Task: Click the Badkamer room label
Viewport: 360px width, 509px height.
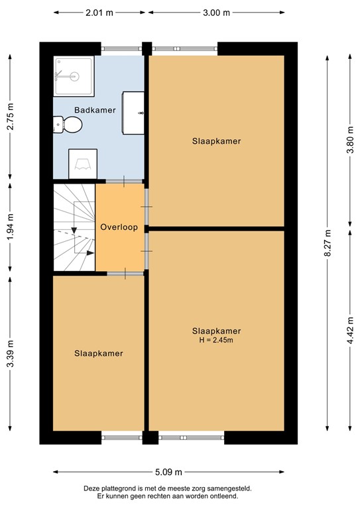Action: point(95,111)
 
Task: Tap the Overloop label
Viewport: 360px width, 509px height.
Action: point(119,227)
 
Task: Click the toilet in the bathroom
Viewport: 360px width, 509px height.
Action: point(68,124)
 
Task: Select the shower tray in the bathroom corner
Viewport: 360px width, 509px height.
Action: point(74,76)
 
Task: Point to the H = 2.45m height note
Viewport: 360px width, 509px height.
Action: point(216,340)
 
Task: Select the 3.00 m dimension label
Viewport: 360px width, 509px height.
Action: point(216,13)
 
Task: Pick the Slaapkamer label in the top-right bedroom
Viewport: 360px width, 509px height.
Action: point(216,141)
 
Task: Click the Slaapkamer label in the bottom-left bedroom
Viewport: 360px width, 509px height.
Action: point(99,353)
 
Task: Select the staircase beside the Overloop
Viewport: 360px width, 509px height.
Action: point(74,227)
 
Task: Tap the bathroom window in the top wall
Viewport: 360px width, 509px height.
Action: point(121,48)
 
